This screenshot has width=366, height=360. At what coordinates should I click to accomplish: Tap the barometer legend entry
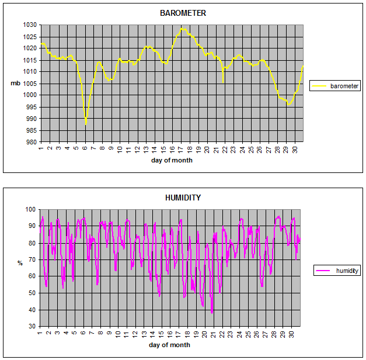(x=335, y=86)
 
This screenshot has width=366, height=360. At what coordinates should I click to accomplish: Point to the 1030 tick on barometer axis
(x=30, y=25)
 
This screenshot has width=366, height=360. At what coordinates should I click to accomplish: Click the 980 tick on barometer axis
(x=32, y=142)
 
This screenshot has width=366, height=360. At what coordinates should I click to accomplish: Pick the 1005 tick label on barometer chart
(x=30, y=84)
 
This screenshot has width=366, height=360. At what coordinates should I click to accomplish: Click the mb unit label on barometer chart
(x=15, y=84)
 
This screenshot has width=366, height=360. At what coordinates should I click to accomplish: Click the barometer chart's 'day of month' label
(x=172, y=160)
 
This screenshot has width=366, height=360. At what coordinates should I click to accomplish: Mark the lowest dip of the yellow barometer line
(x=86, y=124)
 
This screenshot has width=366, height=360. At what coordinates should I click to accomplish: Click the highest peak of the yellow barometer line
(x=182, y=28)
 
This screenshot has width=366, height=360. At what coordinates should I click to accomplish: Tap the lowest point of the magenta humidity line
(x=212, y=313)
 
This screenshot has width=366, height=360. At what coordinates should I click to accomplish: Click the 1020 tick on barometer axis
(x=30, y=49)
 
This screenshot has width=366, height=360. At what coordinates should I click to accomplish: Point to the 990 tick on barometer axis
(x=32, y=119)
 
